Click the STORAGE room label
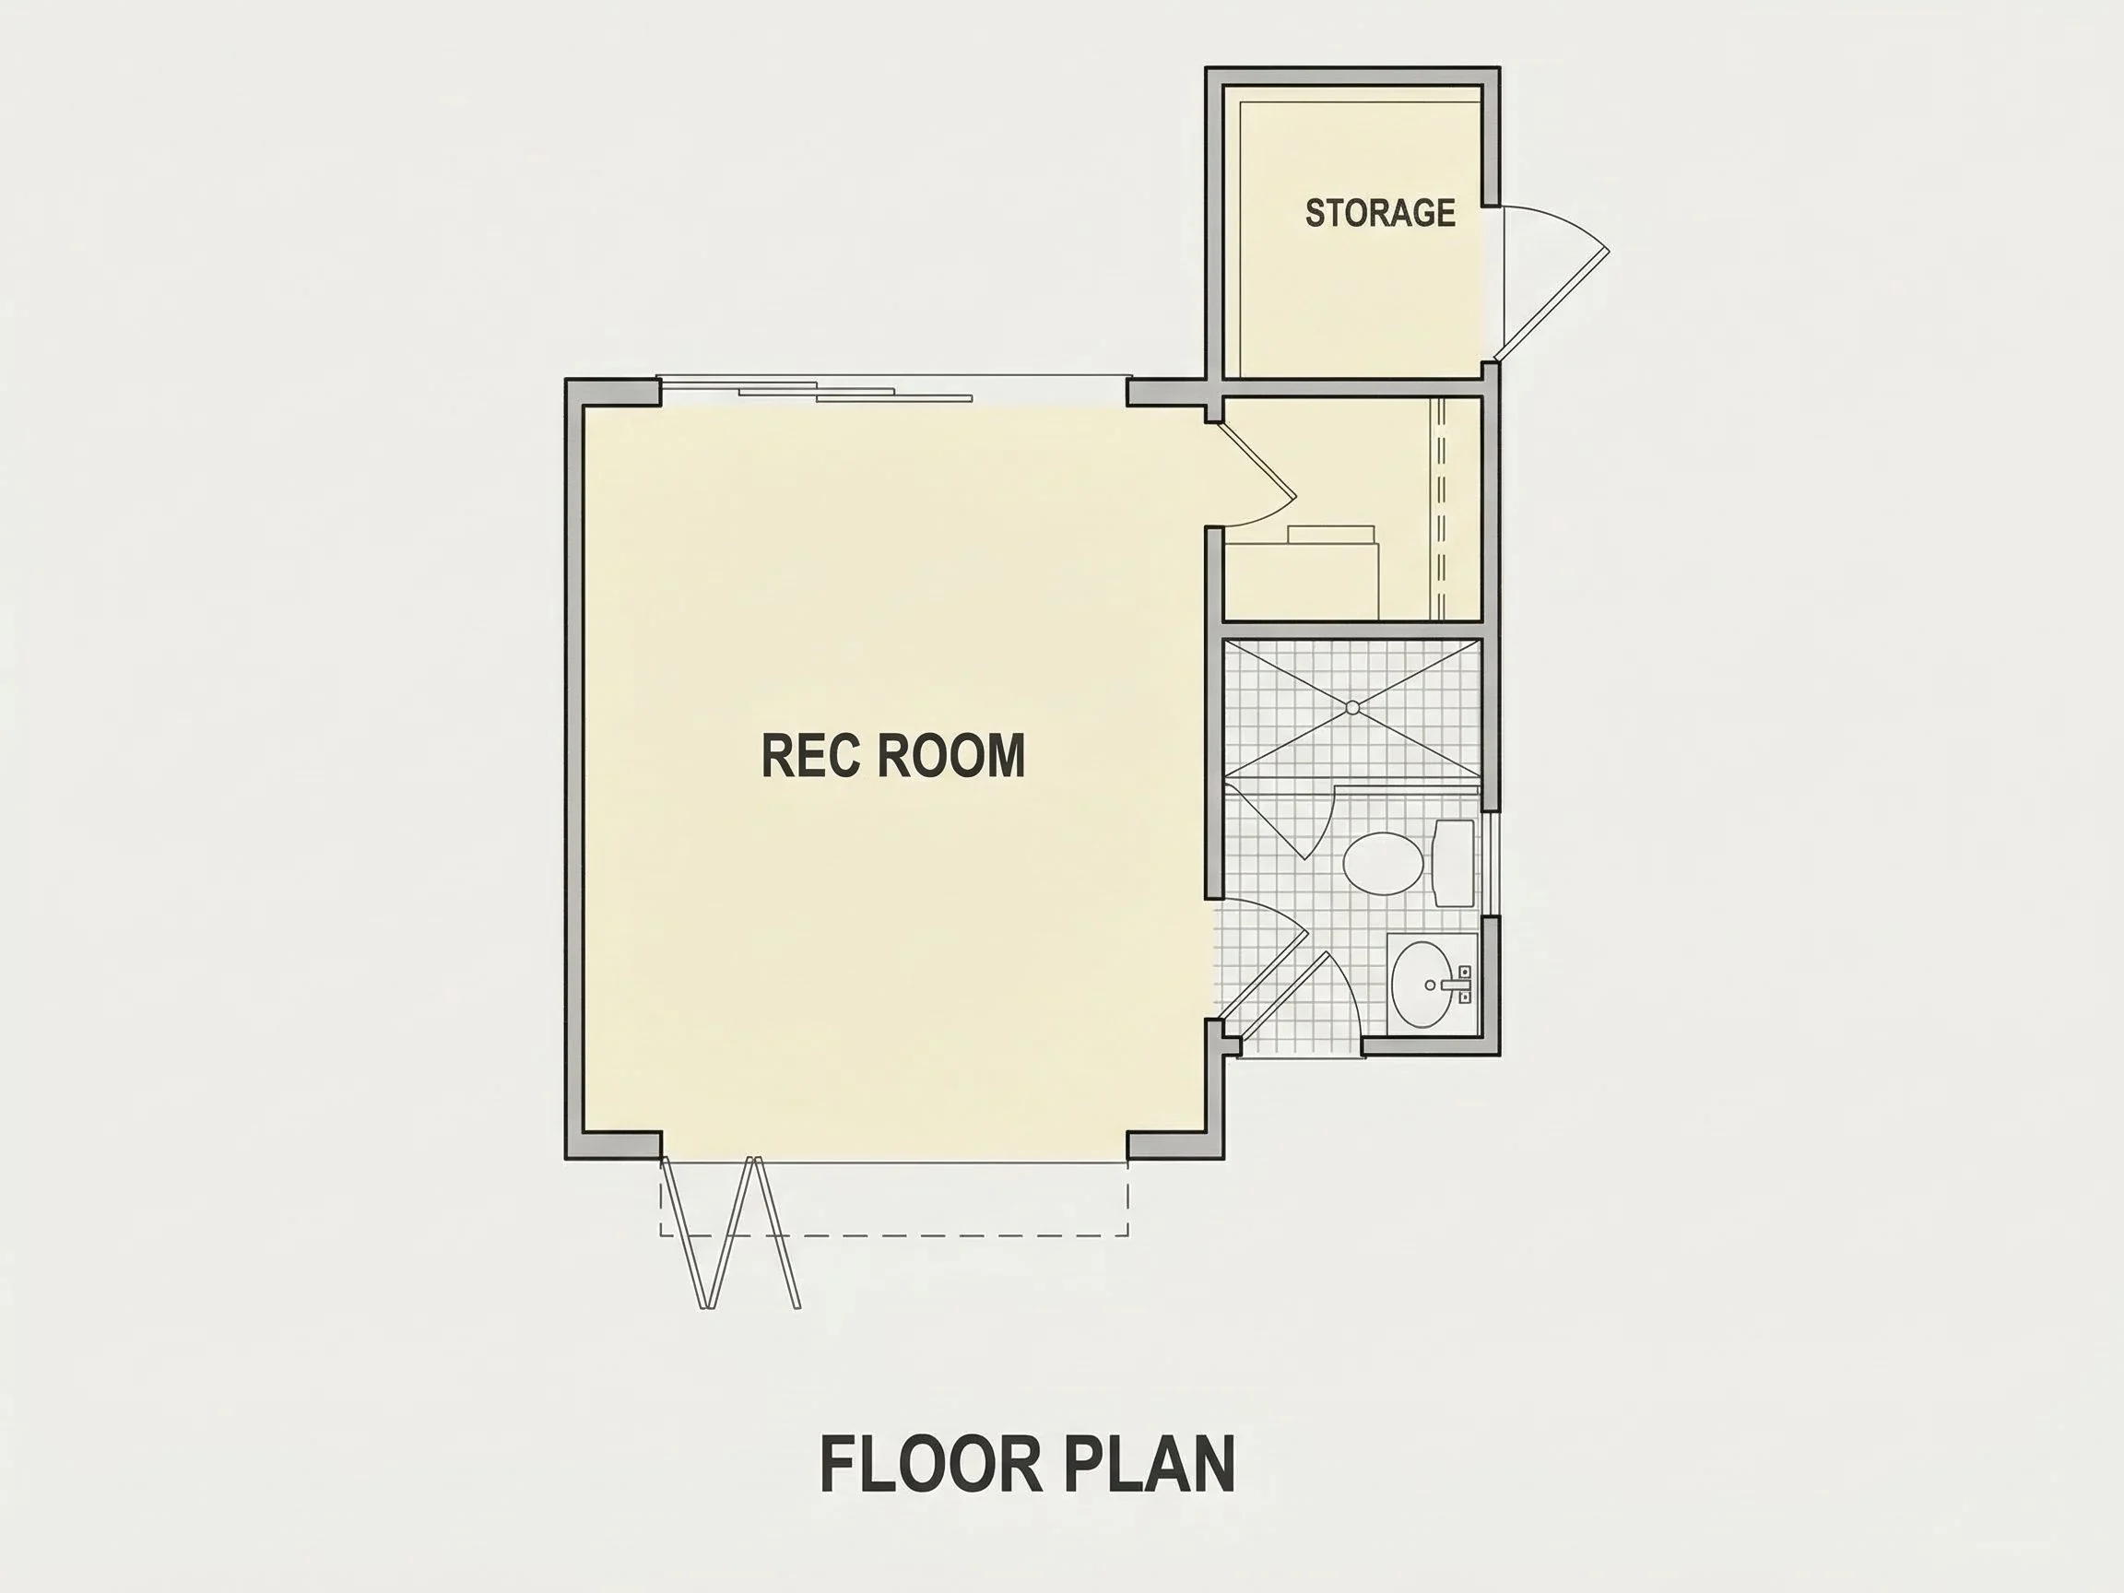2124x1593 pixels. [1380, 212]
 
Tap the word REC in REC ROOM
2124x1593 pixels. [810, 756]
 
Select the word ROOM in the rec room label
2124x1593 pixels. [951, 756]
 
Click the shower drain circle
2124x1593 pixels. [1352, 708]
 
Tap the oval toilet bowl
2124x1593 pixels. [1383, 863]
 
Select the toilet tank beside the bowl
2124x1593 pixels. [1454, 862]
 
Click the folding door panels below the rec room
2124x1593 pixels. [730, 1233]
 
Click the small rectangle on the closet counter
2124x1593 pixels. [1331, 535]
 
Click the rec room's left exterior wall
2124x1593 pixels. [574, 769]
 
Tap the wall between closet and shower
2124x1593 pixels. [1353, 629]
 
